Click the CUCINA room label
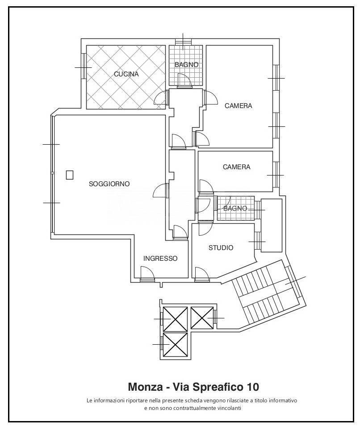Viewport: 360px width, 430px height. point(126,74)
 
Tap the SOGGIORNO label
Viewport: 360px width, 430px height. point(109,184)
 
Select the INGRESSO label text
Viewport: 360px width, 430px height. point(160,259)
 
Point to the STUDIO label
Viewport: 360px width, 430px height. point(221,248)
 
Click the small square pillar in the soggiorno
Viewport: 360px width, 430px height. point(70,175)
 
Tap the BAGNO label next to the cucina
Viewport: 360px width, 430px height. point(187,65)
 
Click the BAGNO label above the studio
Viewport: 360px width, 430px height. point(235,209)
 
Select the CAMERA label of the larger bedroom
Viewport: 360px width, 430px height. point(238,105)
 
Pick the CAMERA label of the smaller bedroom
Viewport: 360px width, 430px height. point(237,167)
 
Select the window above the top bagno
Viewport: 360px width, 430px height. point(183,42)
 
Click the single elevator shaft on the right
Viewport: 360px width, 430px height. point(202,317)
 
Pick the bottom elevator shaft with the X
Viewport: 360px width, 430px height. point(176,344)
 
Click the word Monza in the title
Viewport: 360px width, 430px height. point(145,387)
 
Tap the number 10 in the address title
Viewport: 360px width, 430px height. point(253,387)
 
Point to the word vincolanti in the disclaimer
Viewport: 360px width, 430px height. point(230,408)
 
